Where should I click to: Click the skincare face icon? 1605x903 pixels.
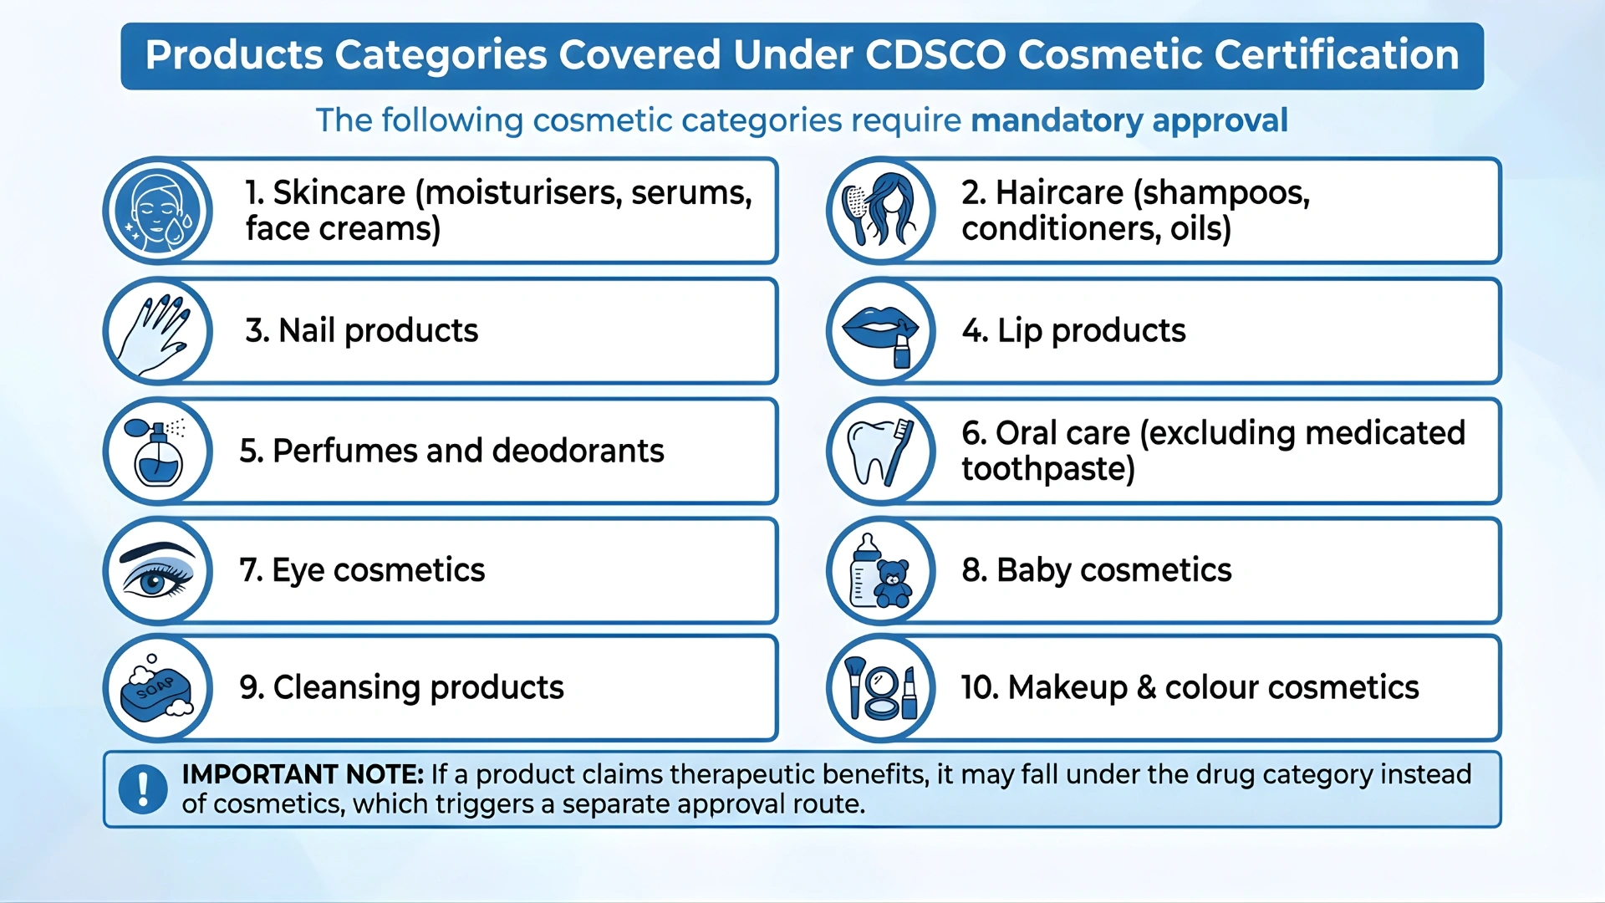pyautogui.click(x=157, y=211)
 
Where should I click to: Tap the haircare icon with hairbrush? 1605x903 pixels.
pyautogui.click(x=880, y=211)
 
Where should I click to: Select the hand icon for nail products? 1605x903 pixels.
pyautogui.click(x=157, y=331)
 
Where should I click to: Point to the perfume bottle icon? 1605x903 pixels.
pyautogui.click(x=157, y=452)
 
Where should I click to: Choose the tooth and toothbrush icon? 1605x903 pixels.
pyautogui.click(x=880, y=451)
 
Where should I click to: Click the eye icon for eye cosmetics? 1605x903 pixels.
pyautogui.click(x=157, y=572)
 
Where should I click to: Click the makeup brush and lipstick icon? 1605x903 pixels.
pyautogui.click(x=880, y=689)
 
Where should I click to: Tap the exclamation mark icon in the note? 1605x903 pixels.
pyautogui.click(x=143, y=788)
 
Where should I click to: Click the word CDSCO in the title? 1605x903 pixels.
pyautogui.click(x=935, y=55)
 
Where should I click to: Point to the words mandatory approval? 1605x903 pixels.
pyautogui.click(x=1129, y=120)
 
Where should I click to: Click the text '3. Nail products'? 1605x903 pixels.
pyautogui.click(x=361, y=331)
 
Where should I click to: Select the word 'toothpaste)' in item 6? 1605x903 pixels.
pyautogui.click(x=1048, y=469)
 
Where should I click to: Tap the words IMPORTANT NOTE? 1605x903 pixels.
pyautogui.click(x=303, y=774)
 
